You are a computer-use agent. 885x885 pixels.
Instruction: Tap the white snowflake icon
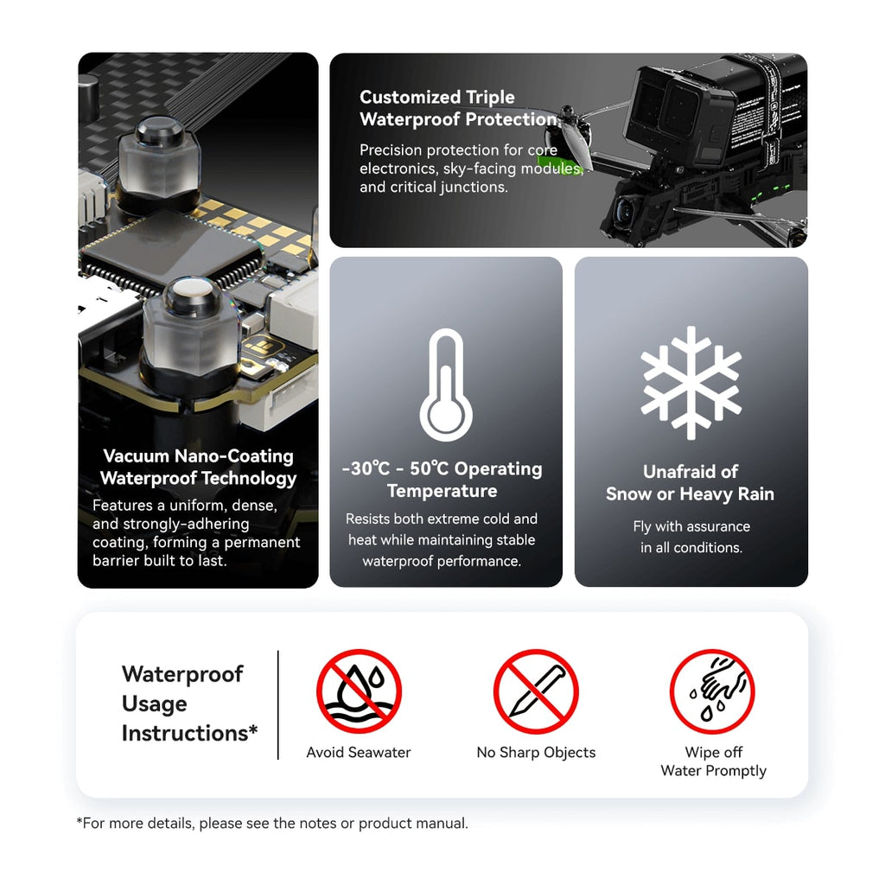click(x=691, y=383)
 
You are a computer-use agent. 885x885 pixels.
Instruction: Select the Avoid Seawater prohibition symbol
click(x=359, y=691)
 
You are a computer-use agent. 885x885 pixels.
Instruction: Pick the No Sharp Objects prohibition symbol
click(x=536, y=691)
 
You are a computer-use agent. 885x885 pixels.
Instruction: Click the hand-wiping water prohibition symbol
click(x=712, y=691)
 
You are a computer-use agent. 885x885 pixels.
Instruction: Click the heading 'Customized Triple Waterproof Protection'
click(x=460, y=108)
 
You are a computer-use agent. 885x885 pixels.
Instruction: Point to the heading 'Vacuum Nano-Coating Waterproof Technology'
click(x=198, y=467)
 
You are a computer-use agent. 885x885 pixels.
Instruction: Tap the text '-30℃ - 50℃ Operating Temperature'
click(x=442, y=480)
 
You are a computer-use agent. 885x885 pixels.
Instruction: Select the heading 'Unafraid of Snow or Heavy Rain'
click(x=691, y=482)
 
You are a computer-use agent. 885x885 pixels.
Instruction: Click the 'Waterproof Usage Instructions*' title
click(x=189, y=704)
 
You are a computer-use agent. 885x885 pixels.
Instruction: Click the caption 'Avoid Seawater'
click(x=359, y=753)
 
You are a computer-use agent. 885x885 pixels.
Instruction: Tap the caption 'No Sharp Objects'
click(x=536, y=753)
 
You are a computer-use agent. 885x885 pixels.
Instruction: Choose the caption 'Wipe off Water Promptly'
click(x=713, y=761)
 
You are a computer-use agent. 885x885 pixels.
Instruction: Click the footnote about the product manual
click(x=272, y=823)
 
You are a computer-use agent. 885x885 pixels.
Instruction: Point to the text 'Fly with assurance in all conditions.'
click(x=691, y=537)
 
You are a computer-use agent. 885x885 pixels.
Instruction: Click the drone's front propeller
click(x=567, y=138)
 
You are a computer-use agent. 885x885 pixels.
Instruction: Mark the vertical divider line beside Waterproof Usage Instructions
click(x=278, y=705)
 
